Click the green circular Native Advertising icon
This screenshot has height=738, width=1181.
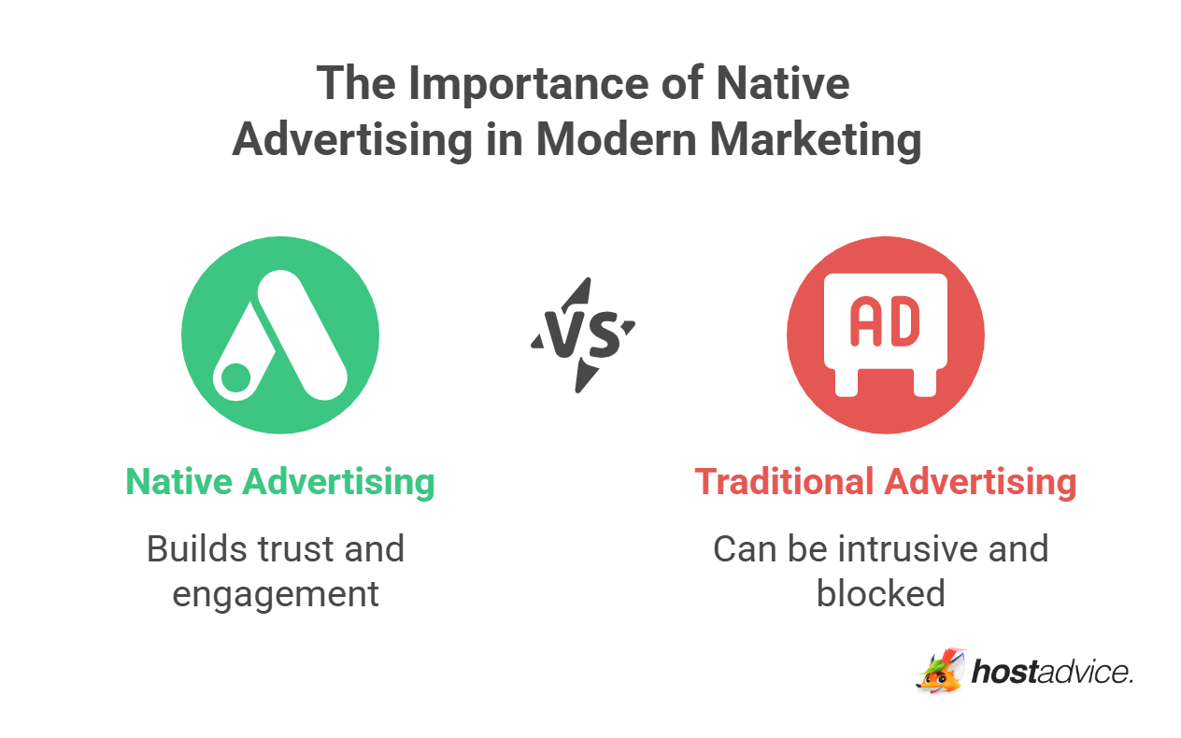280,335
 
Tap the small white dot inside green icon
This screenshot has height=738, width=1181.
235,378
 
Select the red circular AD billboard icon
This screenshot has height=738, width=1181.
885,335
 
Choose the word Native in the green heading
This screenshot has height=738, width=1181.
179,482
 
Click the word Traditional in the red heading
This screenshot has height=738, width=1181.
784,482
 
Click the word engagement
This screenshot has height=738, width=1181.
276,593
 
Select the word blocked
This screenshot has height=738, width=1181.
881,593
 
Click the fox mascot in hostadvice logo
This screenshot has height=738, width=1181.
940,672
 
